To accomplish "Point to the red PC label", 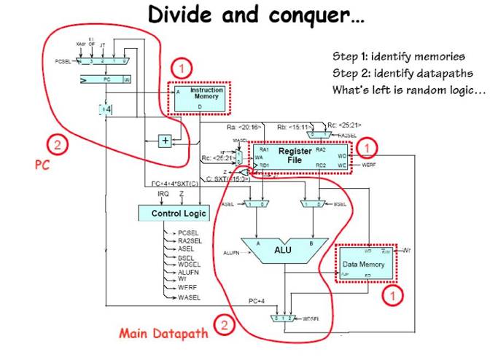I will [x=42, y=165].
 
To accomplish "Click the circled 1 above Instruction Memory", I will [x=182, y=70].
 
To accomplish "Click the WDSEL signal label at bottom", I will [x=312, y=318].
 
